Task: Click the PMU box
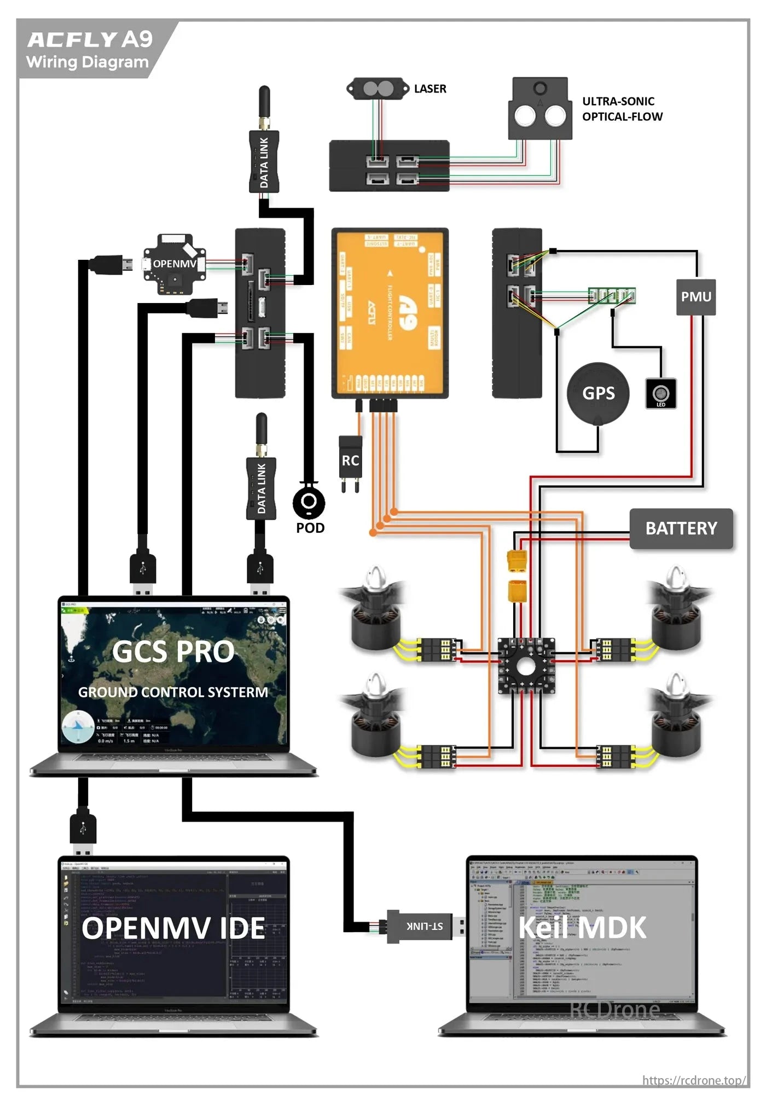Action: point(695,297)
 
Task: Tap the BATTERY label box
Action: point(681,528)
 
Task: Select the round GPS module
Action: point(598,393)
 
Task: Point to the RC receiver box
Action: point(350,461)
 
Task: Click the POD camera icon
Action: point(309,502)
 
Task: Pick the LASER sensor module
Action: point(378,89)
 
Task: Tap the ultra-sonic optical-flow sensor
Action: point(540,109)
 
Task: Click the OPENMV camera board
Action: point(174,264)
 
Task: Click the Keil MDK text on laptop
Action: point(582,928)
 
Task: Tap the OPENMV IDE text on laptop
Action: point(173,929)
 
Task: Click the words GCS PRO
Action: point(173,652)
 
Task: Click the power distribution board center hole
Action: point(526,666)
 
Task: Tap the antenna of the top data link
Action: point(264,107)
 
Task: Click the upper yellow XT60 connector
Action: point(517,561)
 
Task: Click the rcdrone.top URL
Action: point(693,1080)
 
